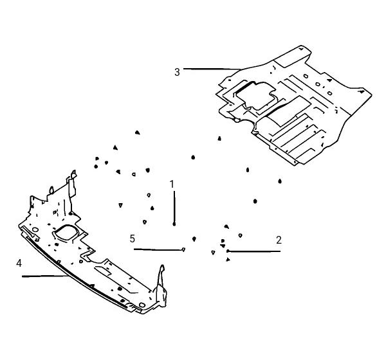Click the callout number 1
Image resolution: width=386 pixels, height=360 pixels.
click(x=172, y=184)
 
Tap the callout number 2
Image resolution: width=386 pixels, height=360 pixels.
click(x=279, y=240)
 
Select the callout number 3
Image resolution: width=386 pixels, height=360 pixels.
click(x=177, y=72)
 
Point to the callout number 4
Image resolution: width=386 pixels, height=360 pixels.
click(x=19, y=264)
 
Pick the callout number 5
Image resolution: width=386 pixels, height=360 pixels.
click(x=133, y=239)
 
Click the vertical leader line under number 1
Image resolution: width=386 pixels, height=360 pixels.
click(x=174, y=207)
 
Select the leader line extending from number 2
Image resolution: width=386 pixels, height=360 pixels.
click(x=255, y=251)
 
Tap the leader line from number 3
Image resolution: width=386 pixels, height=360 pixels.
click(x=212, y=69)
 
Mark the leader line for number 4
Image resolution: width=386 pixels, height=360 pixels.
click(x=45, y=276)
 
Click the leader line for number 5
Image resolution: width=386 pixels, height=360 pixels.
click(x=158, y=250)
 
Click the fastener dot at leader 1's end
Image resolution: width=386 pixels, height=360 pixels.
click(x=174, y=224)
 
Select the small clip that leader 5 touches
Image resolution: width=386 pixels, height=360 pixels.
click(x=183, y=249)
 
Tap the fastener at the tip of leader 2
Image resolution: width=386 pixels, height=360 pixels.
click(x=228, y=251)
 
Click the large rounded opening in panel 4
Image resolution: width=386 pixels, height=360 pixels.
click(x=66, y=232)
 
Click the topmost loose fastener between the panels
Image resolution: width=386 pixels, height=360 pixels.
click(x=138, y=132)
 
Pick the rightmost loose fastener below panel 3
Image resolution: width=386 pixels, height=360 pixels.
click(x=280, y=181)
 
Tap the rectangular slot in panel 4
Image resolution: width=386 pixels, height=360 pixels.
click(x=102, y=271)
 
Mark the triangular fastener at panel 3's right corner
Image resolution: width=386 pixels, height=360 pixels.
click(x=362, y=91)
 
